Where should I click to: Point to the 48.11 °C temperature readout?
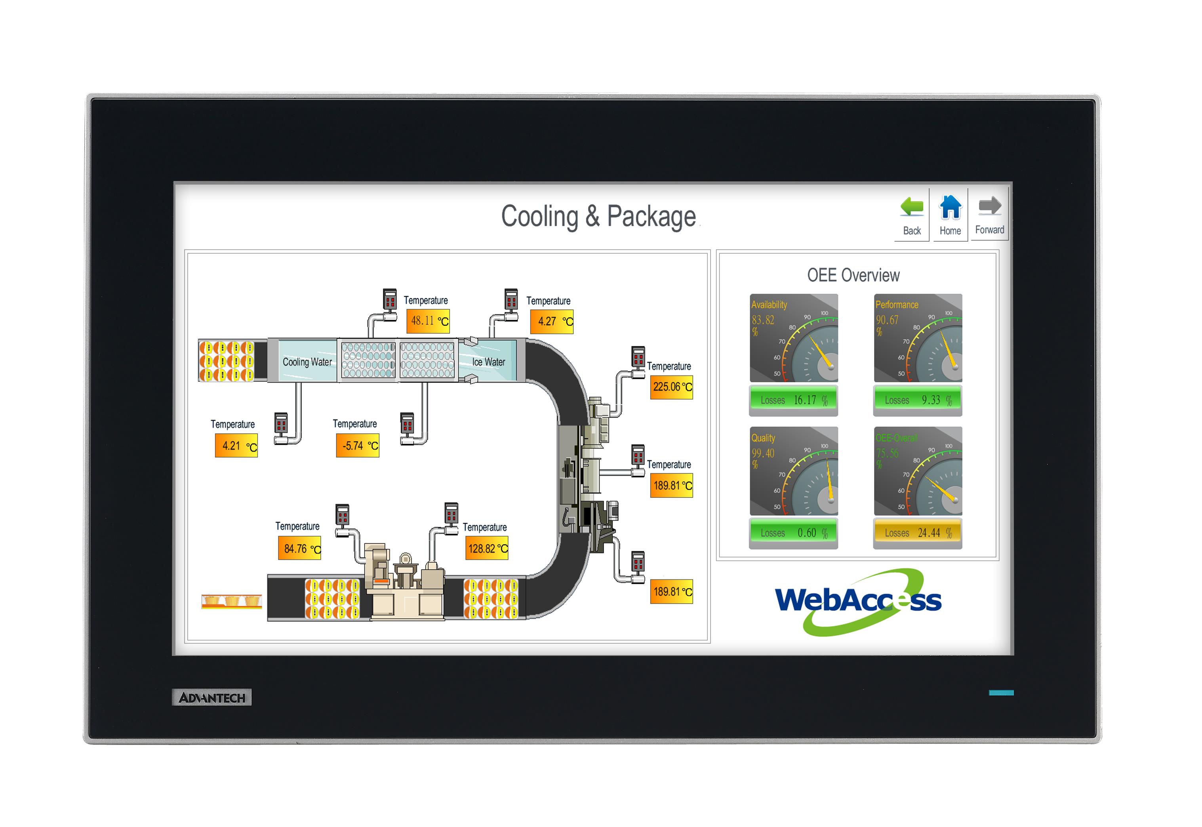click(x=428, y=321)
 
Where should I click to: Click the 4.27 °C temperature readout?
click(x=552, y=321)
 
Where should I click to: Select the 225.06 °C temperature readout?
click(x=671, y=387)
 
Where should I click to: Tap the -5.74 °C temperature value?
click(x=358, y=446)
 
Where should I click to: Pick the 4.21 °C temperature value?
click(x=236, y=446)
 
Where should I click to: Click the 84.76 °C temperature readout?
click(x=299, y=549)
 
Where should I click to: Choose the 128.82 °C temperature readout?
click(x=487, y=549)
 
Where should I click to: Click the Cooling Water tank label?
click(x=307, y=362)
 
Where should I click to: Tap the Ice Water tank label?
click(x=488, y=362)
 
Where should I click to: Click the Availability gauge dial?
click(x=794, y=338)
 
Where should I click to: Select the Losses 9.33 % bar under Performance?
click(x=918, y=400)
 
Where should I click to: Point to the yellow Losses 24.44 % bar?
click(x=918, y=533)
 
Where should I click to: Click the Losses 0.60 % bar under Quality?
click(x=793, y=533)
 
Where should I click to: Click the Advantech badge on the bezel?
click(x=211, y=697)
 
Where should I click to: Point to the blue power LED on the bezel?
click(x=1001, y=693)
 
